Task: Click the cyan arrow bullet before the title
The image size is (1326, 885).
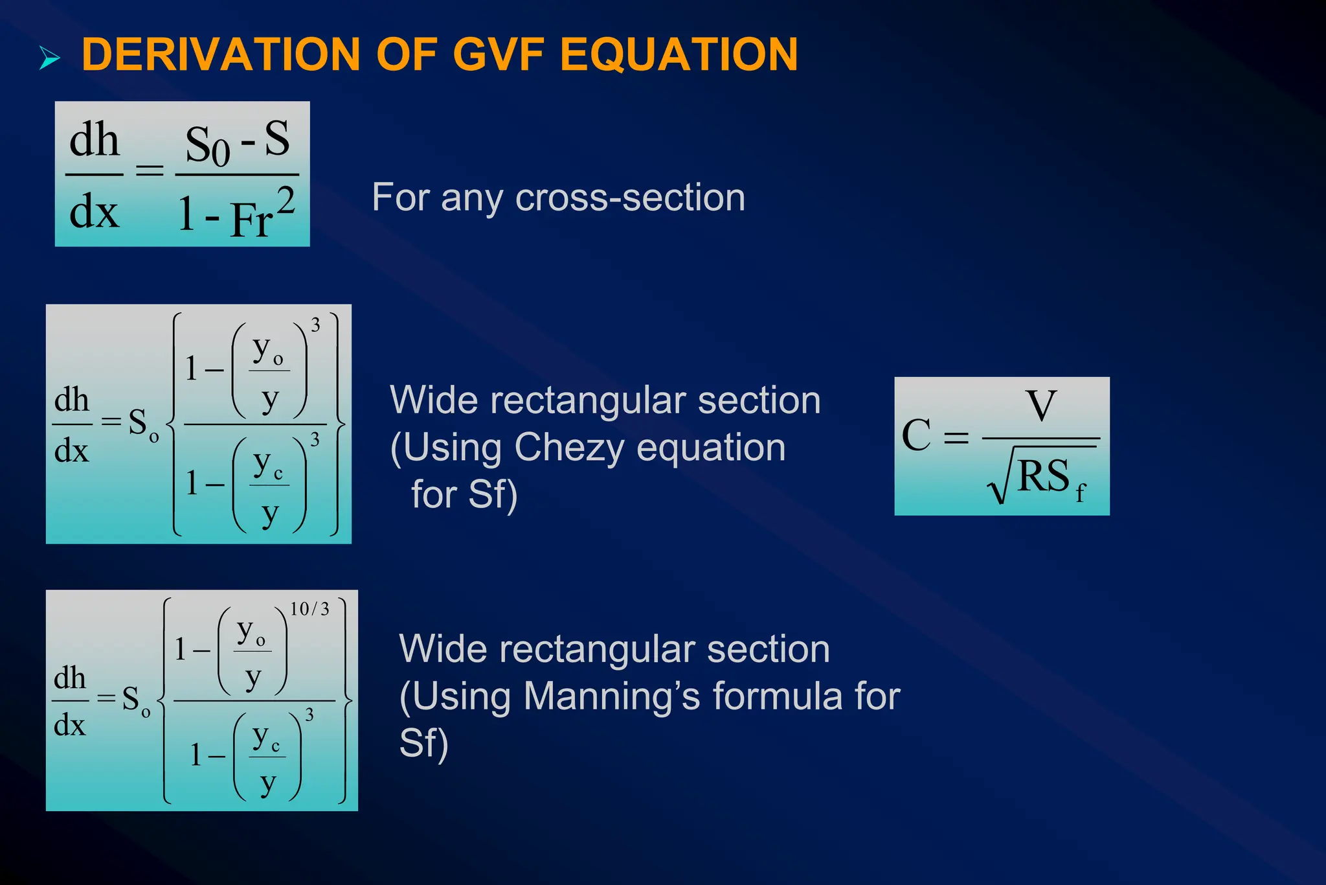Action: click(49, 58)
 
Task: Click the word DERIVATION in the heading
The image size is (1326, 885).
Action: click(221, 54)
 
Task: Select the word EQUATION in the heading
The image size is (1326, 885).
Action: click(679, 54)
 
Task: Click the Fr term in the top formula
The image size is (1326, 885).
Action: click(251, 220)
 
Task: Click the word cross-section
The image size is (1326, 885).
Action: click(630, 198)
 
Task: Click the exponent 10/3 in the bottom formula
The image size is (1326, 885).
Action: click(309, 609)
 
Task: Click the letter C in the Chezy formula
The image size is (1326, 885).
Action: click(916, 435)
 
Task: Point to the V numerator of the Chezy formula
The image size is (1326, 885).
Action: click(1041, 406)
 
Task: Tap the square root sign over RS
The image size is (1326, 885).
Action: click(998, 483)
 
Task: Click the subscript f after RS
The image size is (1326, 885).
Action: click(1079, 494)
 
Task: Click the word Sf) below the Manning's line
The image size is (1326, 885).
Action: click(423, 743)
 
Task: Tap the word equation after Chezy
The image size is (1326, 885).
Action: click(711, 447)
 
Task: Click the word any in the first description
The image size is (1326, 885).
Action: click(471, 198)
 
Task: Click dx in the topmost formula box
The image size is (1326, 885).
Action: click(95, 212)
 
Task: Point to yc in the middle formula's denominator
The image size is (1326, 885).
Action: click(268, 465)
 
